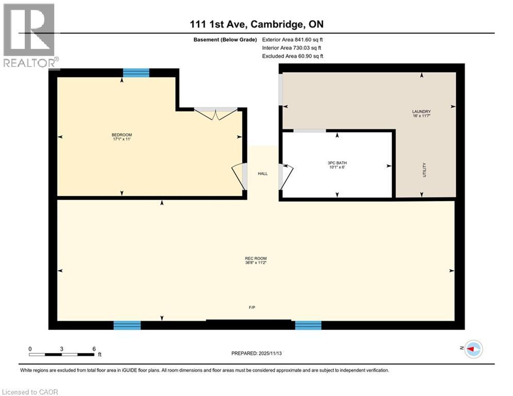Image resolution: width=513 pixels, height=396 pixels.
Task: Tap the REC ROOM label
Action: [x=256, y=258]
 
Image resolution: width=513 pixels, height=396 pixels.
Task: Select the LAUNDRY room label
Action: [x=421, y=111]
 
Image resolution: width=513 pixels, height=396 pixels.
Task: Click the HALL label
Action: [x=263, y=174]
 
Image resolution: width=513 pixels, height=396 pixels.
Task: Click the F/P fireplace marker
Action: [x=252, y=307]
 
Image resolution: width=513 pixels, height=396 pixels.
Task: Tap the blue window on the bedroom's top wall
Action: [x=136, y=73]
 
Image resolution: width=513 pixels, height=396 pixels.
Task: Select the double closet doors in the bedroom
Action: [x=216, y=114]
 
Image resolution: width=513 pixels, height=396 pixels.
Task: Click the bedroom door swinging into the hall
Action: [x=239, y=177]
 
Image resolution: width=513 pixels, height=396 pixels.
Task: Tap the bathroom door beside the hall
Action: [x=286, y=176]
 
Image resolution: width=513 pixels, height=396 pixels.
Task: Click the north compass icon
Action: [x=473, y=350]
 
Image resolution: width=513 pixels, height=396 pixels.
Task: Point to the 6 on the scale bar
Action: [x=94, y=349]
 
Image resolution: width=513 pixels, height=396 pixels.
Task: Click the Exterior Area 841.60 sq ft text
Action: [x=292, y=39]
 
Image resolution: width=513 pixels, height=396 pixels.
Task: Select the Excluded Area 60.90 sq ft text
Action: [x=292, y=56]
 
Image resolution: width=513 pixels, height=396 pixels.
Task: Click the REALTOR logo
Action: [x=30, y=35]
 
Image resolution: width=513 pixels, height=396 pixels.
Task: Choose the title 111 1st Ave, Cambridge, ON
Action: [x=256, y=24]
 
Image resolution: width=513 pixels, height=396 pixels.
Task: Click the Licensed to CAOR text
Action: [x=30, y=392]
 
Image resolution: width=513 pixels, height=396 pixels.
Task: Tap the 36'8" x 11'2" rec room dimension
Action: [x=256, y=263]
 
